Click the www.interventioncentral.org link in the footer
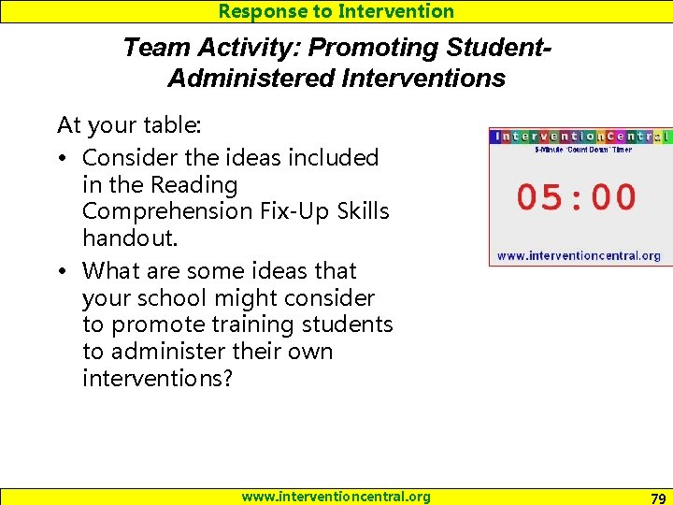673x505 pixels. (x=336, y=497)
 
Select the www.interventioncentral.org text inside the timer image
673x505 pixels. (x=578, y=255)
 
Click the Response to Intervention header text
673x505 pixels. (x=336, y=11)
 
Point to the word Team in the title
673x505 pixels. (x=150, y=47)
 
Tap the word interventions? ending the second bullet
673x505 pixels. (x=157, y=379)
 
